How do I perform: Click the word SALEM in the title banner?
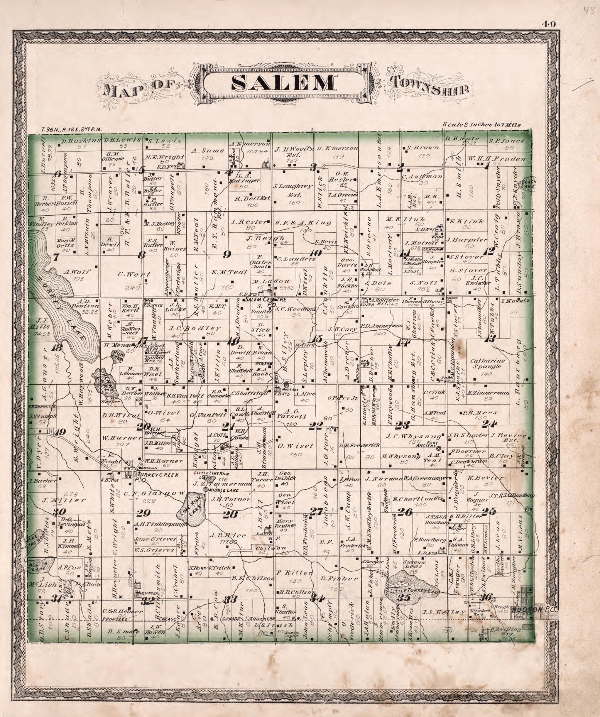(x=283, y=83)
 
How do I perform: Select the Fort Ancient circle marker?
(x=439, y=448)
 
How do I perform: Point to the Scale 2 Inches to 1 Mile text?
(x=481, y=125)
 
